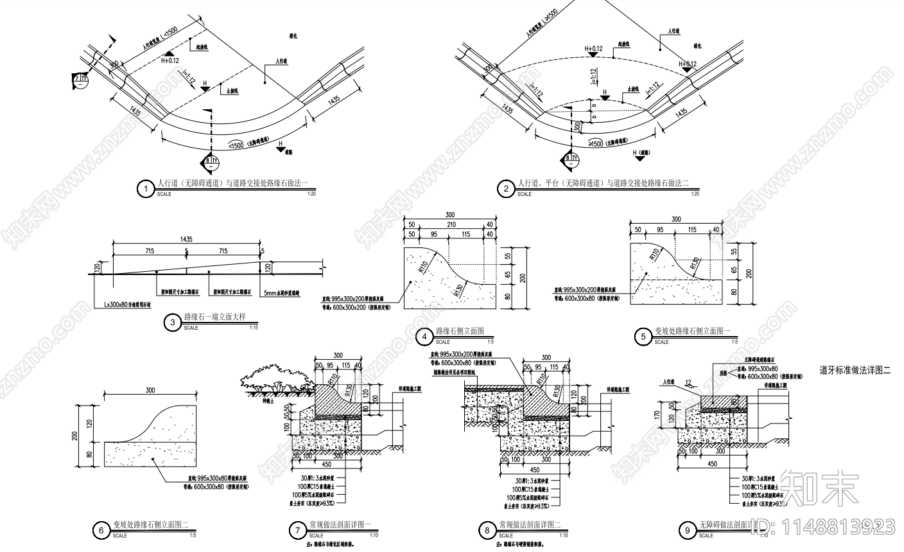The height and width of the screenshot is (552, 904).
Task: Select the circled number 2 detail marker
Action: pyautogui.click(x=506, y=189)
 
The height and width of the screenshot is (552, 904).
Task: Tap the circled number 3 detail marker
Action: pyautogui.click(x=172, y=323)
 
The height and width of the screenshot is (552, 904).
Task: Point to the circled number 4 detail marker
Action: pyautogui.click(x=424, y=337)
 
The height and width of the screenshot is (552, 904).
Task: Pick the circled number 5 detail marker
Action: pyautogui.click(x=643, y=337)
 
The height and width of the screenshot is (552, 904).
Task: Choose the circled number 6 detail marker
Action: pyautogui.click(x=101, y=531)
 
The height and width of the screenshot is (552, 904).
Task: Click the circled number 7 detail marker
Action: pyautogui.click(x=297, y=531)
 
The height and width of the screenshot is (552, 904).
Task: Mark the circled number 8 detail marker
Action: pyautogui.click(x=487, y=531)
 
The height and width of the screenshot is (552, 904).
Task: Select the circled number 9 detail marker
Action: pyautogui.click(x=687, y=530)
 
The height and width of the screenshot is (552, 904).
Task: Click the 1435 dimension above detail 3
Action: pyautogui.click(x=186, y=238)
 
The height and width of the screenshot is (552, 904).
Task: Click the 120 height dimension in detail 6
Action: pyautogui.click(x=91, y=424)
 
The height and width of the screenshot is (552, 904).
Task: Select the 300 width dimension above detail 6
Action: pyautogui.click(x=151, y=390)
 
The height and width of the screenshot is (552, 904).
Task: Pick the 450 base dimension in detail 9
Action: pyautogui.click(x=711, y=463)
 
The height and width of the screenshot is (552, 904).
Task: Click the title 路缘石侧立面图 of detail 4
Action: pyautogui.click(x=459, y=331)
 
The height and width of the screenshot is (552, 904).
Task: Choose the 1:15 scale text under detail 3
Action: pyautogui.click(x=253, y=328)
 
